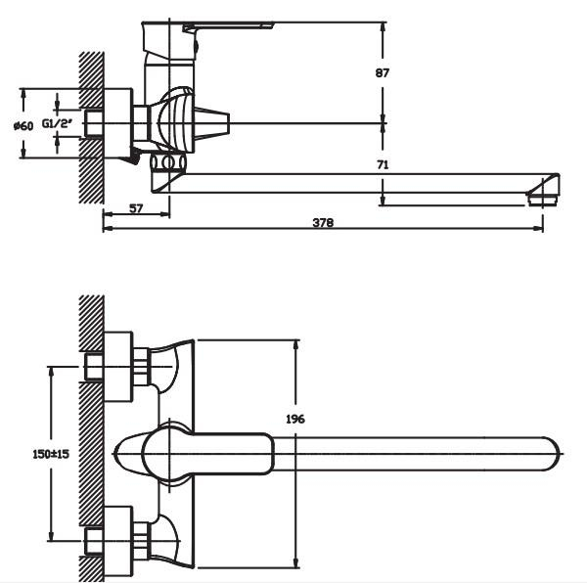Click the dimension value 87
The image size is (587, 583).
(x=383, y=72)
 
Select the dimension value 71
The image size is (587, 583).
(x=383, y=164)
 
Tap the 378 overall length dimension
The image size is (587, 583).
(x=323, y=223)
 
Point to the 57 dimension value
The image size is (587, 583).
(x=136, y=208)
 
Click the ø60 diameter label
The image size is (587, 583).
(x=23, y=126)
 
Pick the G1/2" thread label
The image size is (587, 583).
(x=57, y=123)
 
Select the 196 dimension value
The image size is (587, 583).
(x=295, y=419)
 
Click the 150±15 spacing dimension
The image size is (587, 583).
(x=51, y=454)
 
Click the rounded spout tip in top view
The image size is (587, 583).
(x=551, y=454)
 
